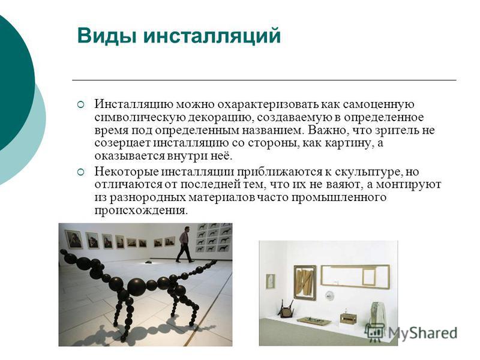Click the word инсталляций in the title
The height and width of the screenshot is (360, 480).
click(x=212, y=36)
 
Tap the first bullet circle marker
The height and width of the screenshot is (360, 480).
click(x=80, y=104)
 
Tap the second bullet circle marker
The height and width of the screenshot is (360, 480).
click(x=80, y=172)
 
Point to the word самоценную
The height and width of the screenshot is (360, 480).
click(x=379, y=104)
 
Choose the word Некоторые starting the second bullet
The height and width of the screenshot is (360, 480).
click(x=125, y=172)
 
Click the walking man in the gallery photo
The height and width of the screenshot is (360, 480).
click(x=185, y=244)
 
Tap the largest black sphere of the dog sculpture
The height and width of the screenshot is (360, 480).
click(x=137, y=287)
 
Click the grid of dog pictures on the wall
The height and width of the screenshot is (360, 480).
click(x=214, y=237)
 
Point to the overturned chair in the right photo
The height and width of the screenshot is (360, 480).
click(x=286, y=308)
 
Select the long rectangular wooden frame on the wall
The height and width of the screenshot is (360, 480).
click(x=355, y=277)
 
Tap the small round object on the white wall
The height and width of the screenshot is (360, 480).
click(x=329, y=296)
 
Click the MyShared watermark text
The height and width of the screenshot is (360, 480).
click(x=422, y=333)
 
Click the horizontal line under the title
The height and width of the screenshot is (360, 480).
click(x=264, y=80)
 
